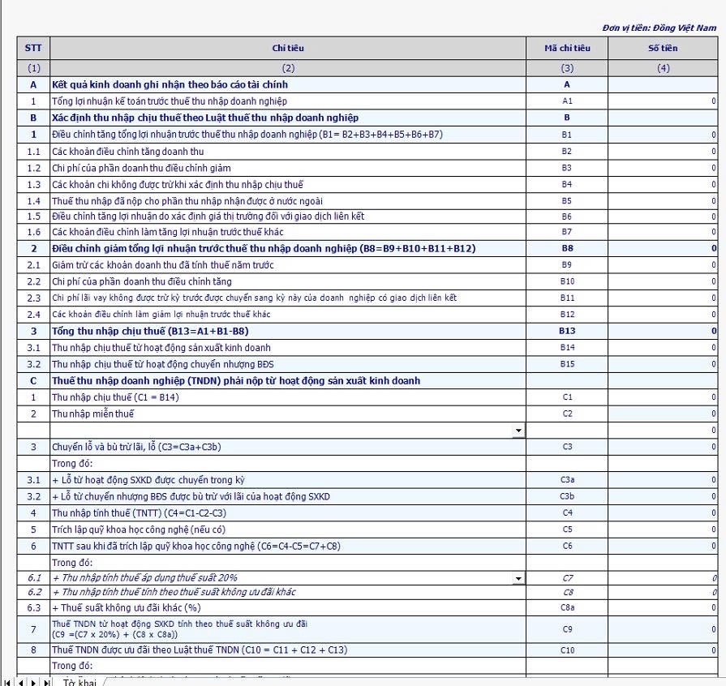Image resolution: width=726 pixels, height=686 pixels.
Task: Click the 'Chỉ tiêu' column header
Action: (x=288, y=49)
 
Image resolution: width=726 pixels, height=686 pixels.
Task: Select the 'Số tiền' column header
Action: (x=662, y=49)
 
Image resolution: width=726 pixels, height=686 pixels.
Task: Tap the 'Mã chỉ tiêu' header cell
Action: (x=567, y=49)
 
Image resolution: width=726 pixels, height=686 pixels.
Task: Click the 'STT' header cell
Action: (x=33, y=49)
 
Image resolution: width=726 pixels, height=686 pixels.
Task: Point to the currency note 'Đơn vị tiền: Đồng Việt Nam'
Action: (x=659, y=28)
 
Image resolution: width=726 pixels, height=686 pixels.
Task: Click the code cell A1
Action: (x=567, y=101)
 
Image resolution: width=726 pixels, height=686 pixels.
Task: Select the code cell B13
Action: (x=567, y=331)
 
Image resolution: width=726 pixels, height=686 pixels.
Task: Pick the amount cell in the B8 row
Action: (x=662, y=248)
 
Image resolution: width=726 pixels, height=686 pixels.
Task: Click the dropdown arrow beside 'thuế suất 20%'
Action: (x=518, y=578)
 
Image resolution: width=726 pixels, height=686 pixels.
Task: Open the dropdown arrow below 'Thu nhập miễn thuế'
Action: (x=518, y=431)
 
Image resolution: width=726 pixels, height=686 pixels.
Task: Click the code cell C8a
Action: (x=567, y=607)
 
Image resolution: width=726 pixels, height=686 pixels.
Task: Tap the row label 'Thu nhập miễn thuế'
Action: (x=92, y=414)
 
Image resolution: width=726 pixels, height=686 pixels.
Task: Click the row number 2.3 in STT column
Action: (x=33, y=298)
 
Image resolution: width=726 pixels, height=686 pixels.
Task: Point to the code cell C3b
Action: (x=567, y=496)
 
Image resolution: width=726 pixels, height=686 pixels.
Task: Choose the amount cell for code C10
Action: (x=662, y=650)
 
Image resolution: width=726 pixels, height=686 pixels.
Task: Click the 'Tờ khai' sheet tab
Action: (x=79, y=681)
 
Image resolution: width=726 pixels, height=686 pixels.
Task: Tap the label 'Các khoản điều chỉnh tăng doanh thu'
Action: (x=127, y=151)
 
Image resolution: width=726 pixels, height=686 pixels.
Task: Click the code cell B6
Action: (x=567, y=217)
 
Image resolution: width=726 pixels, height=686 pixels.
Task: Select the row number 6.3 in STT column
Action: (x=33, y=607)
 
